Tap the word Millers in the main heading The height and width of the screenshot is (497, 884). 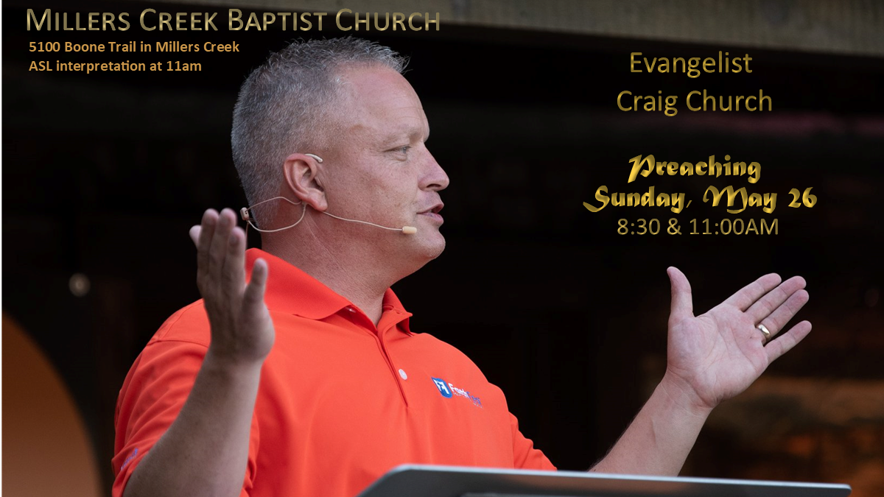pyautogui.click(x=72, y=21)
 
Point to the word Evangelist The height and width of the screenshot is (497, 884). pyautogui.click(x=691, y=64)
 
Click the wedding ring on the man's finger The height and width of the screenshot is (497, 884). pyautogui.click(x=764, y=331)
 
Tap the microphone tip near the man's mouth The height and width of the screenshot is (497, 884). pyautogui.click(x=410, y=230)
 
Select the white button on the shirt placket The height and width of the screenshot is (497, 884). pyautogui.click(x=403, y=374)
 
